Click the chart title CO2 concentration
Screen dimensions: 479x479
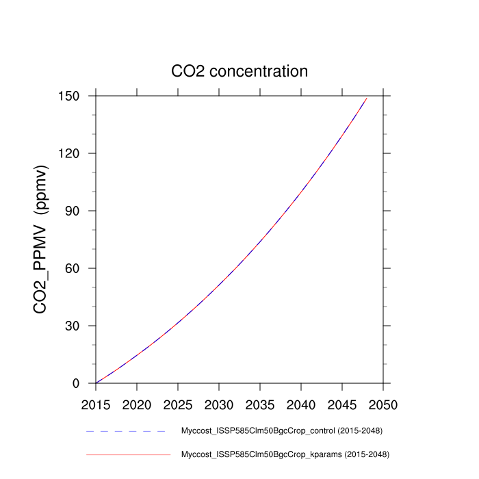click(x=239, y=71)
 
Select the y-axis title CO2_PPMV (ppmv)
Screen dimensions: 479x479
click(x=41, y=239)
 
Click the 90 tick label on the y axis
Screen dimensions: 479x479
click(x=74, y=211)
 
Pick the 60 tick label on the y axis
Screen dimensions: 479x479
click(x=74, y=268)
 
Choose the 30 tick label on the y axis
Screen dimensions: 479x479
click(x=74, y=326)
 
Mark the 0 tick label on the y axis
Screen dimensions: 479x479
click(x=77, y=383)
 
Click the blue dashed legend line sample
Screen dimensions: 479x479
click(x=127, y=432)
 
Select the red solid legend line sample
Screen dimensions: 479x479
click(x=127, y=454)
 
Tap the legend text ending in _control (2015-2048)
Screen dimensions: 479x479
click(x=281, y=431)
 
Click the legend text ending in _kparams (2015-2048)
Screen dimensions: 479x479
click(x=284, y=454)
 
